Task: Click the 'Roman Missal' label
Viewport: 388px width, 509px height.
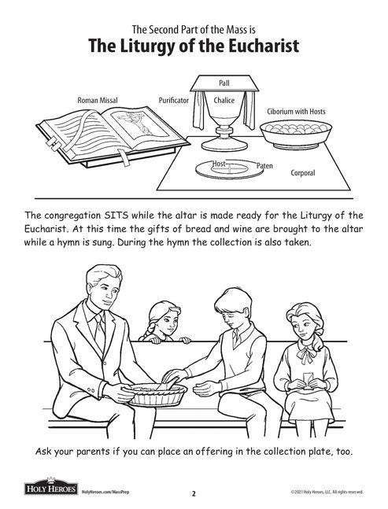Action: click(98, 101)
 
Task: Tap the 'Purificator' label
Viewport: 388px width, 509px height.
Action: click(173, 101)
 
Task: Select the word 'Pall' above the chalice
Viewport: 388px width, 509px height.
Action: click(224, 83)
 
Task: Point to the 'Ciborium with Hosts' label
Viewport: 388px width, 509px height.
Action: click(296, 112)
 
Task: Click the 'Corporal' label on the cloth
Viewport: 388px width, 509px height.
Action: click(302, 173)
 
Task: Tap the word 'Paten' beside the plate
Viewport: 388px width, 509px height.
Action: click(265, 166)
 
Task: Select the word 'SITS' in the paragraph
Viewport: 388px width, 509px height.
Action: click(113, 216)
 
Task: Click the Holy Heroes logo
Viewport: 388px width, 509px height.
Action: click(51, 487)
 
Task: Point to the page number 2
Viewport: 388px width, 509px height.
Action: click(194, 494)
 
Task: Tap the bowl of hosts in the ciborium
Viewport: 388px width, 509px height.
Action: click(295, 135)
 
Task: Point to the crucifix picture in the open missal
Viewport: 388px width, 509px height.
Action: click(140, 124)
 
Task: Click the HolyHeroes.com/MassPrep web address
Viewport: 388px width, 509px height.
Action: click(105, 492)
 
